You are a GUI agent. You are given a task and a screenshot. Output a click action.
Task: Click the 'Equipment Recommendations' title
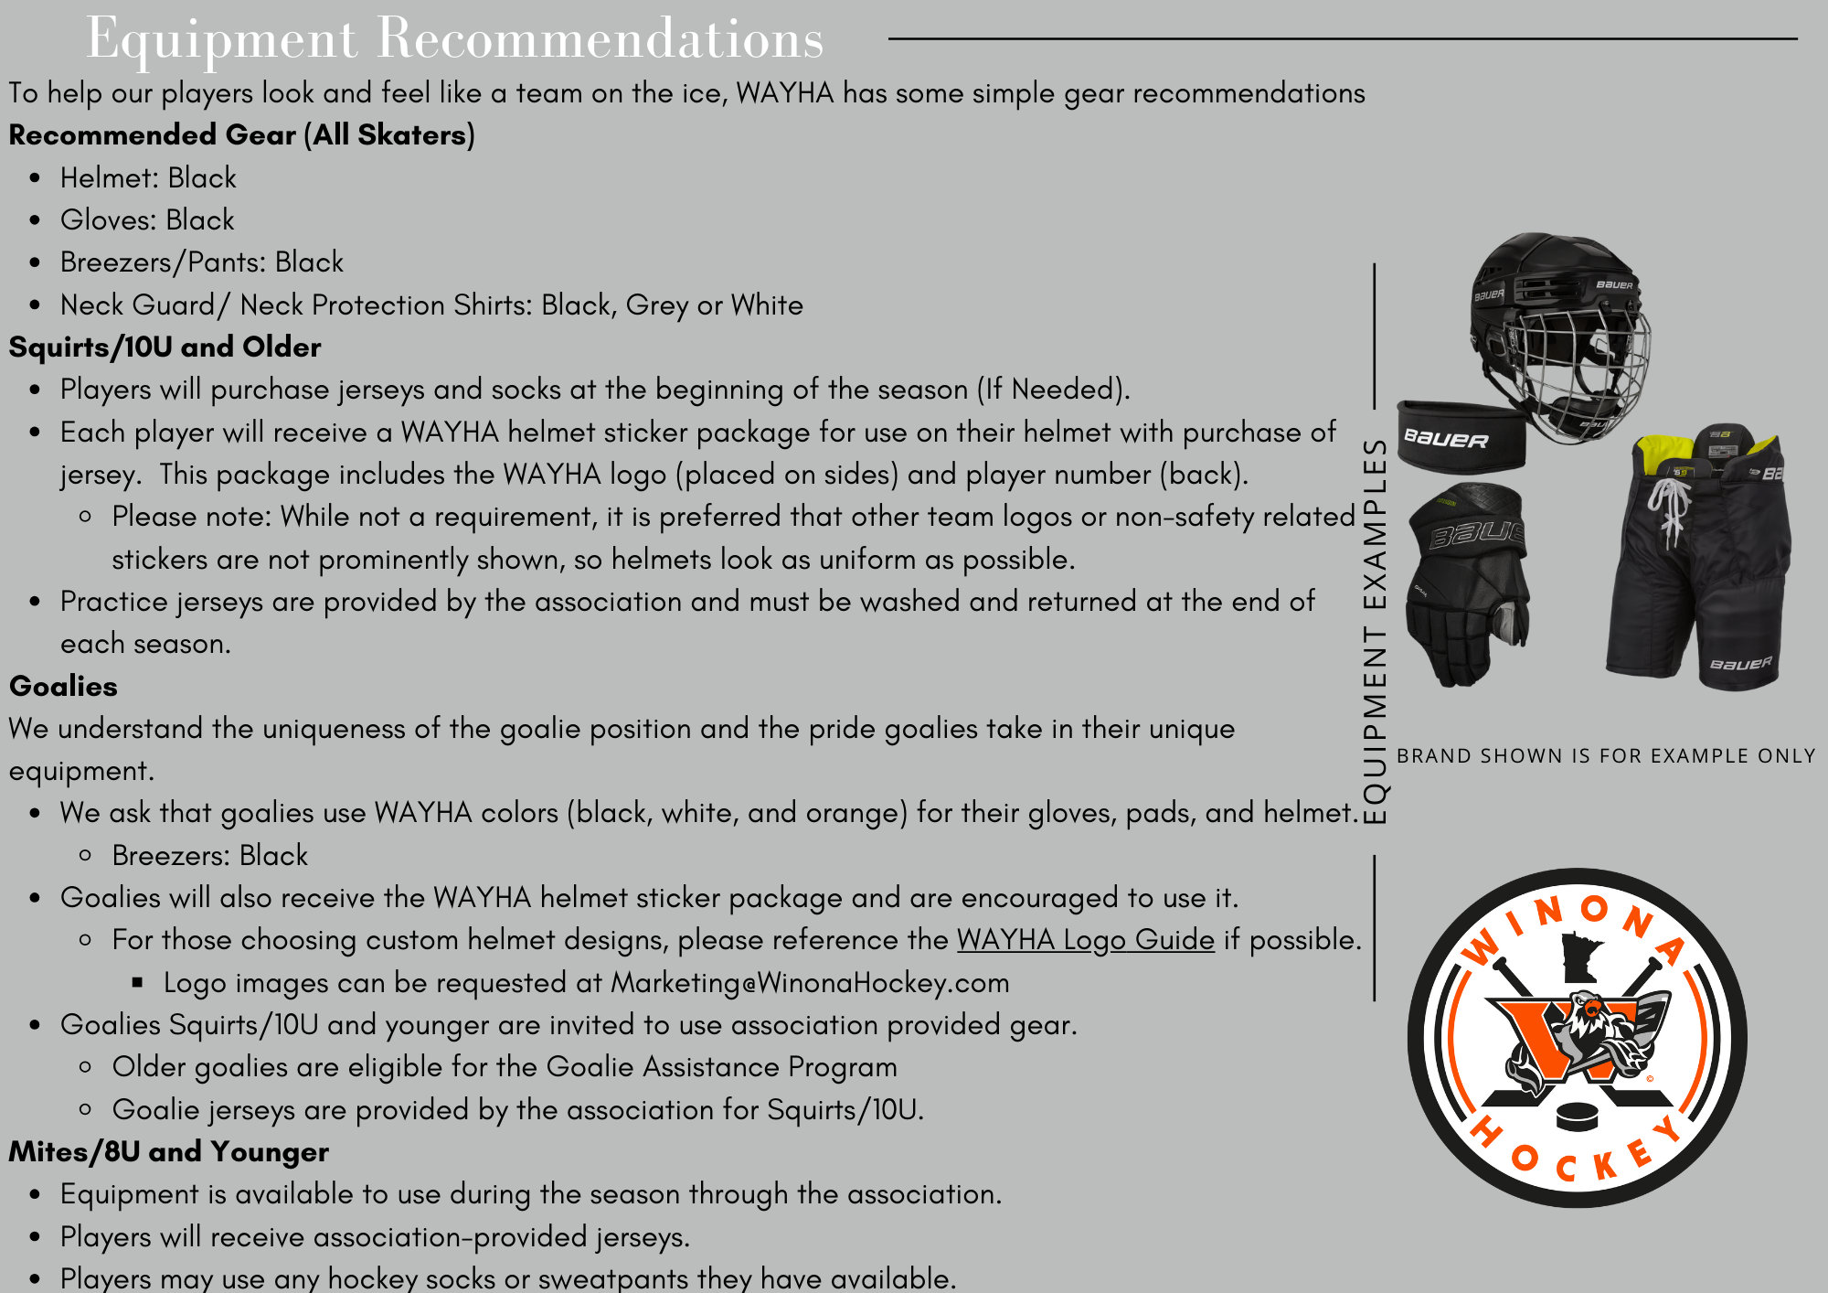[454, 38]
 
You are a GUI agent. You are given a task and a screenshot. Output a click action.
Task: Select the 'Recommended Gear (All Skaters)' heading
[241, 135]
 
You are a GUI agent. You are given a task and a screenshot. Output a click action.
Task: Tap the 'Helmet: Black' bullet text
[148, 177]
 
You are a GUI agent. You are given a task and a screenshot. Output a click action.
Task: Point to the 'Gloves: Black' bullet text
[147, 220]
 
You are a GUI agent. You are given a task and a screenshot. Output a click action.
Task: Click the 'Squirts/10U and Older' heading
[165, 347]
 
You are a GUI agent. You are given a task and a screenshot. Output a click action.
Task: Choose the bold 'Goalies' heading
[63, 687]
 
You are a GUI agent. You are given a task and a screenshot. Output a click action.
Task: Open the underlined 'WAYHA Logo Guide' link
[1085, 940]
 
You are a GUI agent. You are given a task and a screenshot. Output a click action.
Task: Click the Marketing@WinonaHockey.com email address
[810, 983]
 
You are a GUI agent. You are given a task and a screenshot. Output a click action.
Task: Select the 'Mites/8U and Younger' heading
[168, 1152]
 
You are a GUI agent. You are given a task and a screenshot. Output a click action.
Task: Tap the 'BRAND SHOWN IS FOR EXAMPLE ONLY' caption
[1606, 756]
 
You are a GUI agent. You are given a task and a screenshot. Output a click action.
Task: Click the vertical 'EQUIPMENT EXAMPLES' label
[1375, 631]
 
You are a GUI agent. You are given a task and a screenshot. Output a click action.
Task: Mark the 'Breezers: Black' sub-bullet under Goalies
[209, 856]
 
